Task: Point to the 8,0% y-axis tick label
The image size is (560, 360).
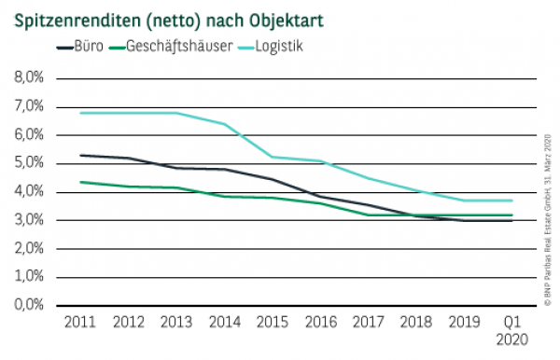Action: (x=29, y=78)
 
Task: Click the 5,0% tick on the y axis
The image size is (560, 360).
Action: (x=29, y=163)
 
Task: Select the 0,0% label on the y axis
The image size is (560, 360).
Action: (x=29, y=305)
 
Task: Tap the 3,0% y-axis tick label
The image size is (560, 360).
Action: (x=29, y=220)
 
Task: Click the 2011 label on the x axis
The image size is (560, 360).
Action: (x=81, y=323)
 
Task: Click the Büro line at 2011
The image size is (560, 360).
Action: (x=81, y=155)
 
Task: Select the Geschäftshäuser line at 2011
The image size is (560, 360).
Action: (x=81, y=182)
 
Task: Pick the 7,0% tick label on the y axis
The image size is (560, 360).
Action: (x=29, y=107)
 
